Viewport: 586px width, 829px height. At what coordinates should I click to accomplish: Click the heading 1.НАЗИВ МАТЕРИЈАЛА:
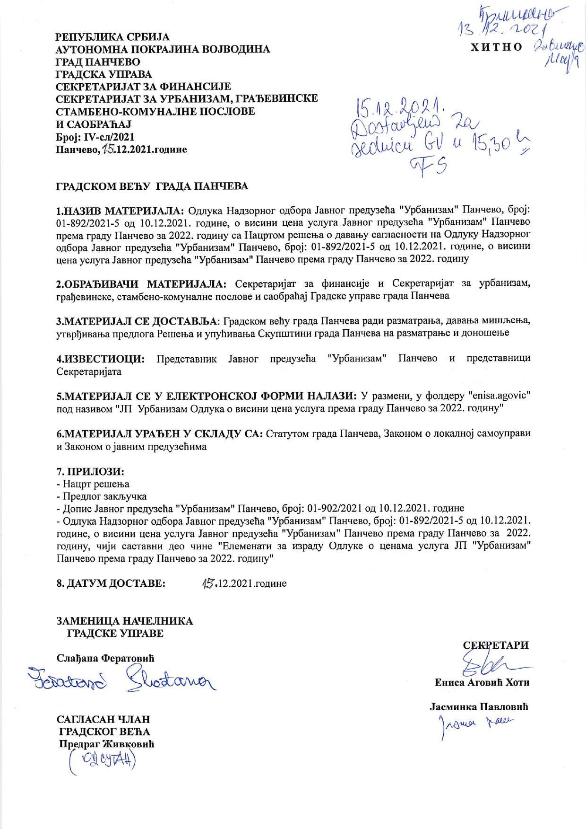click(x=121, y=210)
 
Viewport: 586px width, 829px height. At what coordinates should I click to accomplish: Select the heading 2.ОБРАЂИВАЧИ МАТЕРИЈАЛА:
click(x=141, y=284)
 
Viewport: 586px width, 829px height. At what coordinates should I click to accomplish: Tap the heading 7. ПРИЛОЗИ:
click(x=90, y=472)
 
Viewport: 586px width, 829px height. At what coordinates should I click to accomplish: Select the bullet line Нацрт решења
click(x=95, y=484)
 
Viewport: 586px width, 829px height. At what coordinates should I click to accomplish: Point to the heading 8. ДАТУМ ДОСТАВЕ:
click(x=111, y=583)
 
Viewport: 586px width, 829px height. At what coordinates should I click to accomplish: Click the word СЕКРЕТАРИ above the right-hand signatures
click(x=496, y=645)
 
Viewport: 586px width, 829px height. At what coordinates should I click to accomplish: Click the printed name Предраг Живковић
click(x=107, y=744)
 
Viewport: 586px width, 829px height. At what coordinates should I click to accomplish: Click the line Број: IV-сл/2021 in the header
click(x=95, y=137)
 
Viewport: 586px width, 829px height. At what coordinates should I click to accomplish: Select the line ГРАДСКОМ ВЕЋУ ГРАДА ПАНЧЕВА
click(x=152, y=186)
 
